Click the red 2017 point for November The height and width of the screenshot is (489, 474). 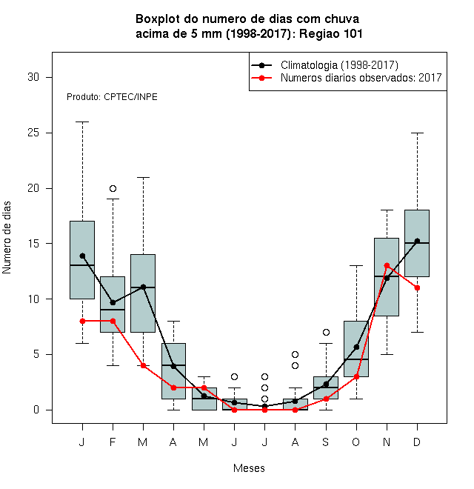(x=387, y=266)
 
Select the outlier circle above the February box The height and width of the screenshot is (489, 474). (x=113, y=188)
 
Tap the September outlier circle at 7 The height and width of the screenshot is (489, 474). (x=326, y=332)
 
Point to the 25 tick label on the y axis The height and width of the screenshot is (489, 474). (x=33, y=133)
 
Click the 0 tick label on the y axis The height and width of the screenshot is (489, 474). (x=36, y=410)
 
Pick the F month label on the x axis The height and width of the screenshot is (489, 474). (x=113, y=442)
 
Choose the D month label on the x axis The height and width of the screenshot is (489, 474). (x=417, y=442)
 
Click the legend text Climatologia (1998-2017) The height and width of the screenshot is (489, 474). (x=339, y=65)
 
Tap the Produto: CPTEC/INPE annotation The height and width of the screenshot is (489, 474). (x=112, y=97)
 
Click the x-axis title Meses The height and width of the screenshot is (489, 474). (x=249, y=468)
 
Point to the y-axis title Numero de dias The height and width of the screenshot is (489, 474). (x=7, y=238)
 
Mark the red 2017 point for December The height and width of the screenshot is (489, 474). (x=417, y=288)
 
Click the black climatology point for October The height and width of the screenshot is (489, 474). (x=356, y=347)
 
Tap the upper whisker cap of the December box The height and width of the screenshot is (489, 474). (x=417, y=133)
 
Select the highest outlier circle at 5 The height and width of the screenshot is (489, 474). (x=295, y=354)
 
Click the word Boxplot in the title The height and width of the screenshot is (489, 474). (x=158, y=19)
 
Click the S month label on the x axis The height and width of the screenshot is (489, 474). (x=326, y=442)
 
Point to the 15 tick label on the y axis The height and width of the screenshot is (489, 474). (x=33, y=244)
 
